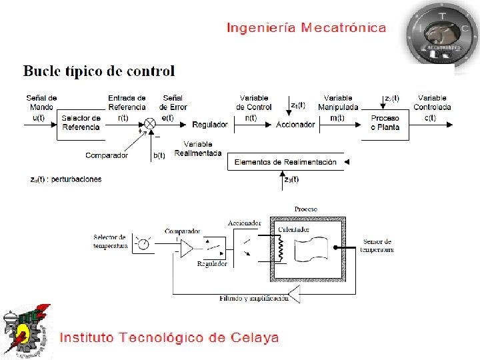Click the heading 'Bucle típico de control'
point(99,71)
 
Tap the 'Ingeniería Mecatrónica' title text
point(306,27)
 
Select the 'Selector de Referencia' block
point(81,123)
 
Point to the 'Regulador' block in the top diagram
point(209,125)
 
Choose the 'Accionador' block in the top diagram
point(295,125)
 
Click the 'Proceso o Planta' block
point(385,123)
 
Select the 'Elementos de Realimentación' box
point(284,162)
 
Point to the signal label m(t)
point(337,117)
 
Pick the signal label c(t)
point(431,117)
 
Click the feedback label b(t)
point(159,155)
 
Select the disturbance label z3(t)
point(291,179)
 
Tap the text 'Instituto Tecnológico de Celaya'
point(169,337)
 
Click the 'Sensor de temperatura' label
point(377,245)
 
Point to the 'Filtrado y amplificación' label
point(254,298)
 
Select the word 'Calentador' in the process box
point(294,229)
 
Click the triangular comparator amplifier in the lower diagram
point(186,248)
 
